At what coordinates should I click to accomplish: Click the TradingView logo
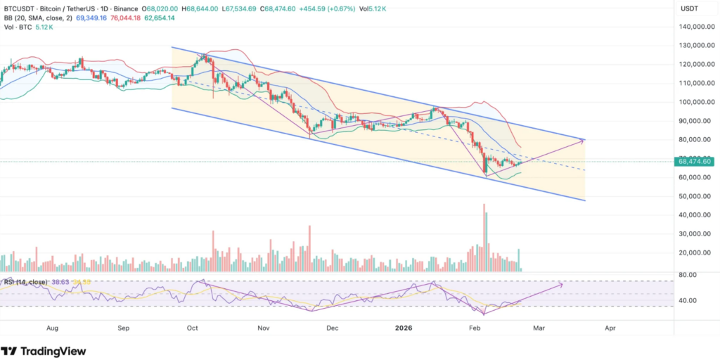44,351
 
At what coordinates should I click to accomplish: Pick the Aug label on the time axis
51,328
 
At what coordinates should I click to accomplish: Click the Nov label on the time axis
264,328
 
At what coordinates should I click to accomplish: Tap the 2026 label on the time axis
403,328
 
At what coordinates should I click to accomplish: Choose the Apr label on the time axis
610,328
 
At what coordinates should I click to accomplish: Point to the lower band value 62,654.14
163,19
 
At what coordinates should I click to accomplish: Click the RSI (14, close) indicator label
25,282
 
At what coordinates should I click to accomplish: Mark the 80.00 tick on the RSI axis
687,274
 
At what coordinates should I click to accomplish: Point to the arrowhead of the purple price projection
583,141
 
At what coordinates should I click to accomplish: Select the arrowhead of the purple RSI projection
561,284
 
